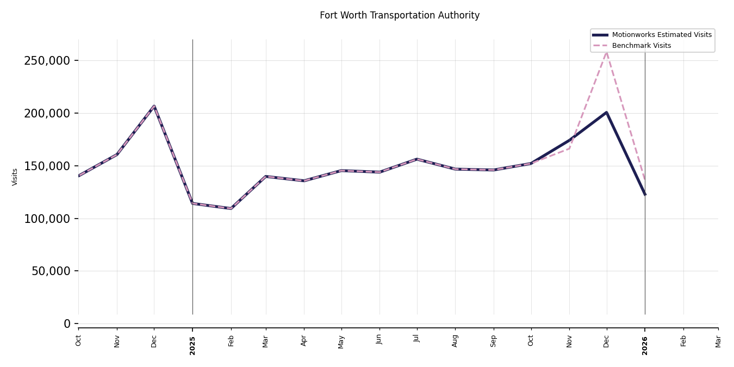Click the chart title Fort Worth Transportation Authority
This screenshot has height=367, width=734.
(x=400, y=16)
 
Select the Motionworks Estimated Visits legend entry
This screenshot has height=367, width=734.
(x=661, y=35)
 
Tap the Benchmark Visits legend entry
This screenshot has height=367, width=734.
(x=641, y=46)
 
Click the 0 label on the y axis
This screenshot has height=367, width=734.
(x=67, y=324)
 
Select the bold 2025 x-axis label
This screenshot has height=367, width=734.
(x=192, y=345)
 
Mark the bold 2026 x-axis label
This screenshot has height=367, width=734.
(x=645, y=345)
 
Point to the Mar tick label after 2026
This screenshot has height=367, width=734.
(x=718, y=341)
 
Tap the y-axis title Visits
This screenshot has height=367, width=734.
(x=15, y=177)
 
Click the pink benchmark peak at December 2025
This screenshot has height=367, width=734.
(x=607, y=52)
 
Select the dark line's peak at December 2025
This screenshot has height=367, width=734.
(x=606, y=113)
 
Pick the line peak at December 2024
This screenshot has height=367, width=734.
(x=154, y=107)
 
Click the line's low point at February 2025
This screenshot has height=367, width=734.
(x=231, y=208)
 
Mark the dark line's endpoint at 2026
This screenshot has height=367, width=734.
(x=645, y=194)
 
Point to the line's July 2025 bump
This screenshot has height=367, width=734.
(x=417, y=159)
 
